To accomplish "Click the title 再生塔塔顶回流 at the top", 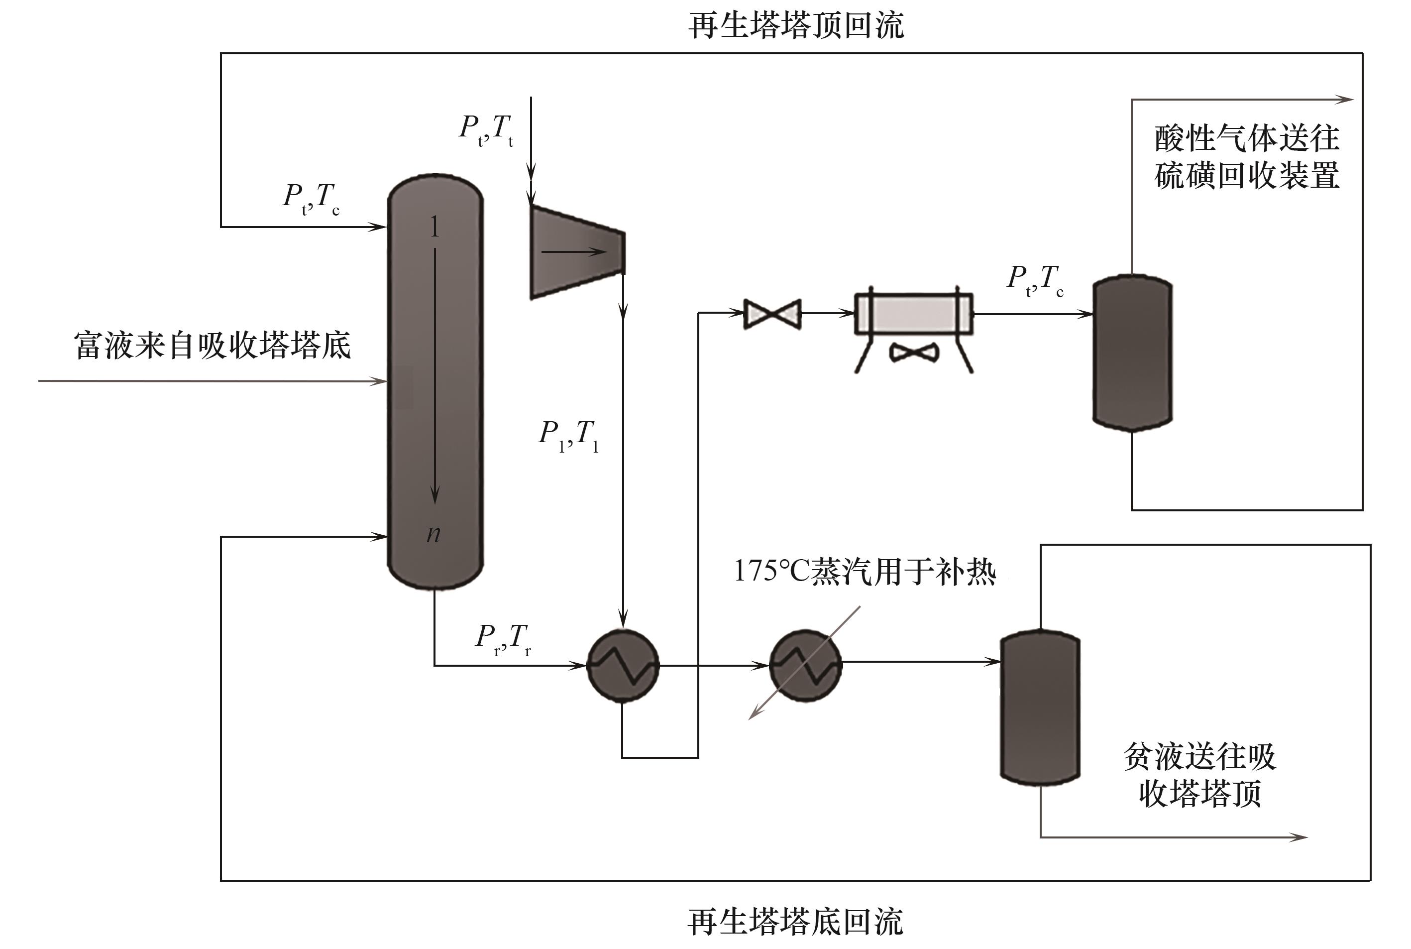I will pyautogui.click(x=796, y=26).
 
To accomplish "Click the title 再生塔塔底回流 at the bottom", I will pyautogui.click(x=796, y=922).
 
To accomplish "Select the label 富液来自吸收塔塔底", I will pyautogui.click(x=213, y=346).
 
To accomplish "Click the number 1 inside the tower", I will pyautogui.click(x=434, y=227).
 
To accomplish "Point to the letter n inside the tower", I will pyautogui.click(x=433, y=533).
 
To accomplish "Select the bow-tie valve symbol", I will pyautogui.click(x=772, y=314).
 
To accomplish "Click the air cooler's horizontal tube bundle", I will pyautogui.click(x=914, y=314).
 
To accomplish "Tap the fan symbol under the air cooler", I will pyautogui.click(x=914, y=352).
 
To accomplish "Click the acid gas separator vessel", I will pyautogui.click(x=1132, y=353).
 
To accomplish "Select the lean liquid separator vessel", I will pyautogui.click(x=1040, y=708).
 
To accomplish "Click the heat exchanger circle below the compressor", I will pyautogui.click(x=623, y=666).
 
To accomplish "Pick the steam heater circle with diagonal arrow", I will pyautogui.click(x=805, y=665).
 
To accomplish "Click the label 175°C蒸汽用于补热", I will pyautogui.click(x=865, y=571).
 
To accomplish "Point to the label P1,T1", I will pyautogui.click(x=568, y=435).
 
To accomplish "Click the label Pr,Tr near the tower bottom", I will pyautogui.click(x=503, y=638).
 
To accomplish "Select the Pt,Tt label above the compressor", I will pyautogui.click(x=486, y=129).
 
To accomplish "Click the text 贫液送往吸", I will pyautogui.click(x=1200, y=756).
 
